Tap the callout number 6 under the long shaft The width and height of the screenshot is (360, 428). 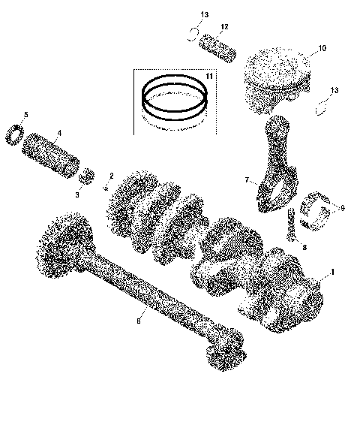point(137,321)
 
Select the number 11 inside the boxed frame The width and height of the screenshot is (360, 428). point(209,77)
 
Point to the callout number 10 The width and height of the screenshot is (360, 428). point(322,49)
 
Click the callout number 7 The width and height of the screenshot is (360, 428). point(245,181)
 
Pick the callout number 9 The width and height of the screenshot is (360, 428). point(342,207)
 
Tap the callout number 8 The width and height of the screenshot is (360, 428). point(304,246)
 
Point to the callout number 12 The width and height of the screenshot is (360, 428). point(224,28)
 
